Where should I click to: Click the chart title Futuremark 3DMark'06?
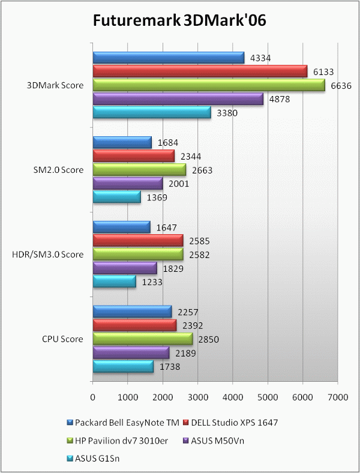point(179,21)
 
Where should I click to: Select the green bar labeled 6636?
point(208,85)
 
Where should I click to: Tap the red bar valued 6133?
point(200,71)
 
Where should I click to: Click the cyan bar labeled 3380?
point(152,113)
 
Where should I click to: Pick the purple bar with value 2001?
point(127,184)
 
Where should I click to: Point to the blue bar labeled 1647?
point(121,227)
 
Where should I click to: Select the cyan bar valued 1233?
point(114,282)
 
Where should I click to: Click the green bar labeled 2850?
point(142,339)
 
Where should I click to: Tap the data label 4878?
point(277,100)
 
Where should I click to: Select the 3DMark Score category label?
point(55,85)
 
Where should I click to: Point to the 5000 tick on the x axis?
point(267,397)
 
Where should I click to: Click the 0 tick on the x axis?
point(93,397)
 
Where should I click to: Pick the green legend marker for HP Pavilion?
point(71,441)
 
